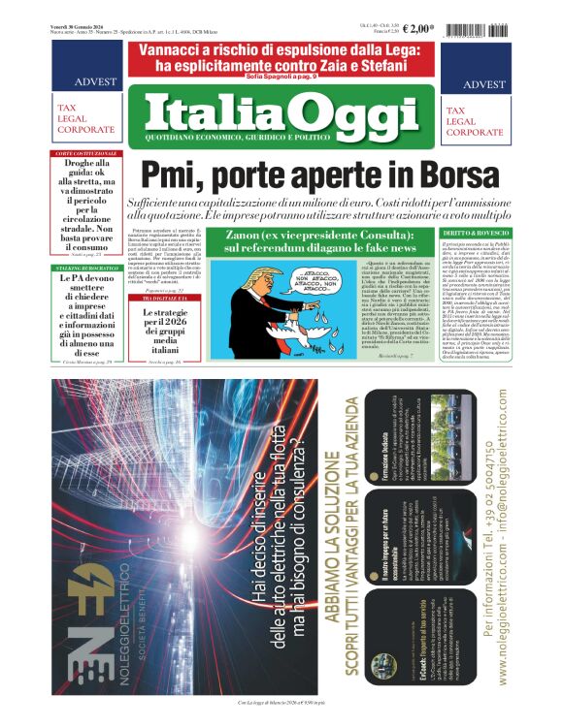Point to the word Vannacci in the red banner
pos(180,50)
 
